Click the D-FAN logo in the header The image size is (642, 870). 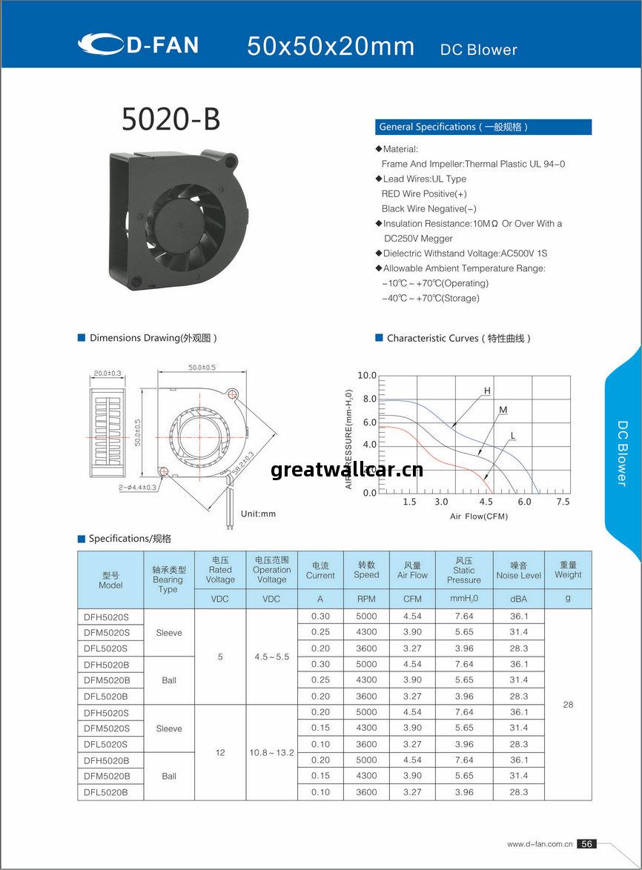pos(138,44)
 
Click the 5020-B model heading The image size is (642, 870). pos(171,119)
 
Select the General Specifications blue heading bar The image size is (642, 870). pos(483,127)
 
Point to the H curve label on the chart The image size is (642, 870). pos(487,391)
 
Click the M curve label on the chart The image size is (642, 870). pos(503,410)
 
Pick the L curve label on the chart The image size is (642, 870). pos(513,435)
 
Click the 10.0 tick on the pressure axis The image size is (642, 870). pos(367,376)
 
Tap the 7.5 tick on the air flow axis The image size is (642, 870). pos(563,502)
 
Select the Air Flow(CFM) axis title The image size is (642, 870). pos(479,516)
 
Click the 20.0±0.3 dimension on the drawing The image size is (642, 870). pos(107,373)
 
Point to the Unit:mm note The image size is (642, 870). pos(258,514)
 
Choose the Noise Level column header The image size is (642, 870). pos(518,570)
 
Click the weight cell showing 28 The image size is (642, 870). pos(568,704)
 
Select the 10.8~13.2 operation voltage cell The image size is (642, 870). pos(271,752)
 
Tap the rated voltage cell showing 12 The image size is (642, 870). pos(220,752)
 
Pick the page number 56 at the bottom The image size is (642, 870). pos(586,843)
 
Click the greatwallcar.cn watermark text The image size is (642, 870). pos(347,470)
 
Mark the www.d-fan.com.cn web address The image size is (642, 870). pos(540,843)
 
